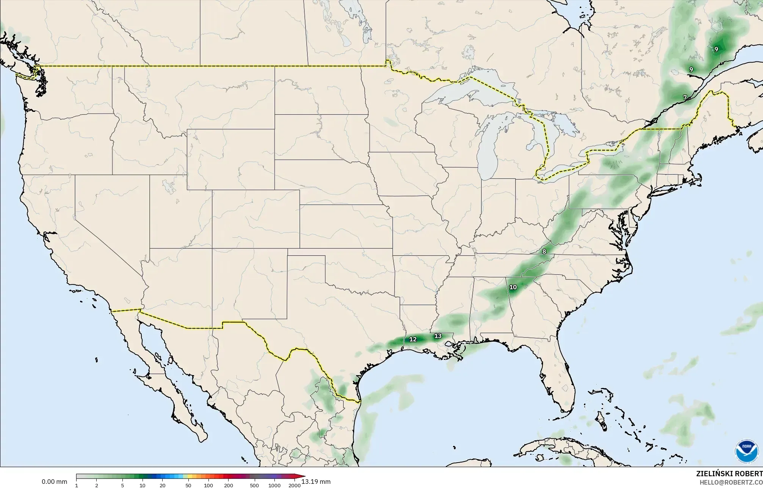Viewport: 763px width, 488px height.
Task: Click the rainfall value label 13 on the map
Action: tap(438, 336)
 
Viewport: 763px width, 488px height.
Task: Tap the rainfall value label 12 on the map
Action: tap(413, 339)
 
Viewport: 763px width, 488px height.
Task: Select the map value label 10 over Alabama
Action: tap(513, 287)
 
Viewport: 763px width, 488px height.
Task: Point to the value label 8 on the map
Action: tap(544, 251)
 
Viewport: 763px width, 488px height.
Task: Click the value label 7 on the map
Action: tap(685, 97)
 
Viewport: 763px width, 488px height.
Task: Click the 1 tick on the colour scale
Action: tap(77, 485)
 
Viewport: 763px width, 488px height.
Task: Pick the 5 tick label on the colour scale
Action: tap(122, 485)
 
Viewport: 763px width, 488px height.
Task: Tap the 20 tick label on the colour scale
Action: tap(162, 485)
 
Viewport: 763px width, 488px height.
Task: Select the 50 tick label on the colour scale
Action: tap(188, 485)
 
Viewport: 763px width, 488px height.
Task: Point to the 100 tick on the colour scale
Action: tap(208, 485)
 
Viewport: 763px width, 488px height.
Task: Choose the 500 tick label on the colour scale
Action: tap(254, 485)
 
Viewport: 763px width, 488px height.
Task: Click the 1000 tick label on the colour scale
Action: tap(274, 485)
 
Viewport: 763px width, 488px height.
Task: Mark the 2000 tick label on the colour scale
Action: tap(295, 485)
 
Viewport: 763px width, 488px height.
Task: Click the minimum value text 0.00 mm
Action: tap(54, 482)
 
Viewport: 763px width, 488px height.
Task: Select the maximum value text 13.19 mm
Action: tap(316, 482)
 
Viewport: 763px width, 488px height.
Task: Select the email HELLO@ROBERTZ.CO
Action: tap(731, 482)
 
